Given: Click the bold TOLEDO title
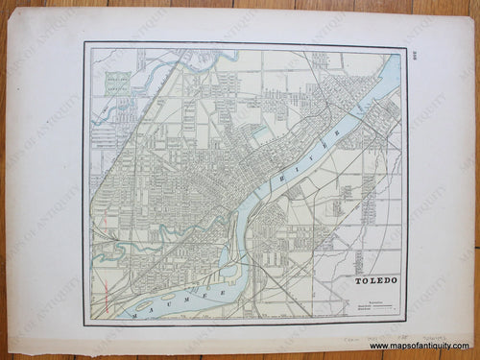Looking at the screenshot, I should tap(377, 282).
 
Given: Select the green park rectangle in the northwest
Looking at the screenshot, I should tap(118, 84).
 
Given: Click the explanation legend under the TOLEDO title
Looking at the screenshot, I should tap(377, 305).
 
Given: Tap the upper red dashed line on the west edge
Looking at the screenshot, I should tap(95, 230).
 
